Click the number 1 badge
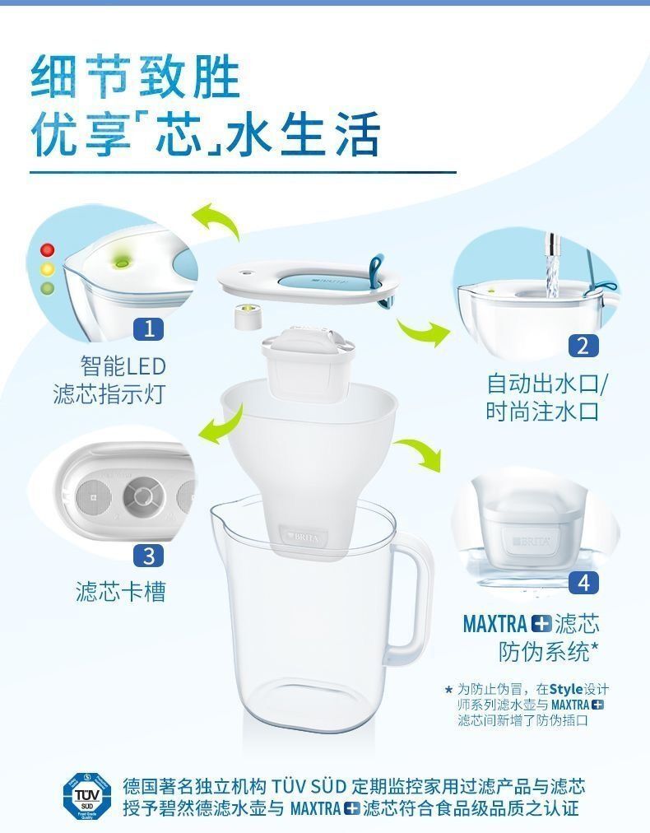point(149,328)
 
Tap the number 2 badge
point(583,346)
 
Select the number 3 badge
point(149,556)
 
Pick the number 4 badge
point(583,583)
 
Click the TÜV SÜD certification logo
point(87,796)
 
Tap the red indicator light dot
point(48,249)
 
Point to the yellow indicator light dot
point(48,269)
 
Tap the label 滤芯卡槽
point(121,591)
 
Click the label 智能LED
point(123,366)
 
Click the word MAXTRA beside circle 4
point(495,624)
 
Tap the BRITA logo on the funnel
point(304,537)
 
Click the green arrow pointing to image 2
point(423,332)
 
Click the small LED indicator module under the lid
point(248,315)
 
